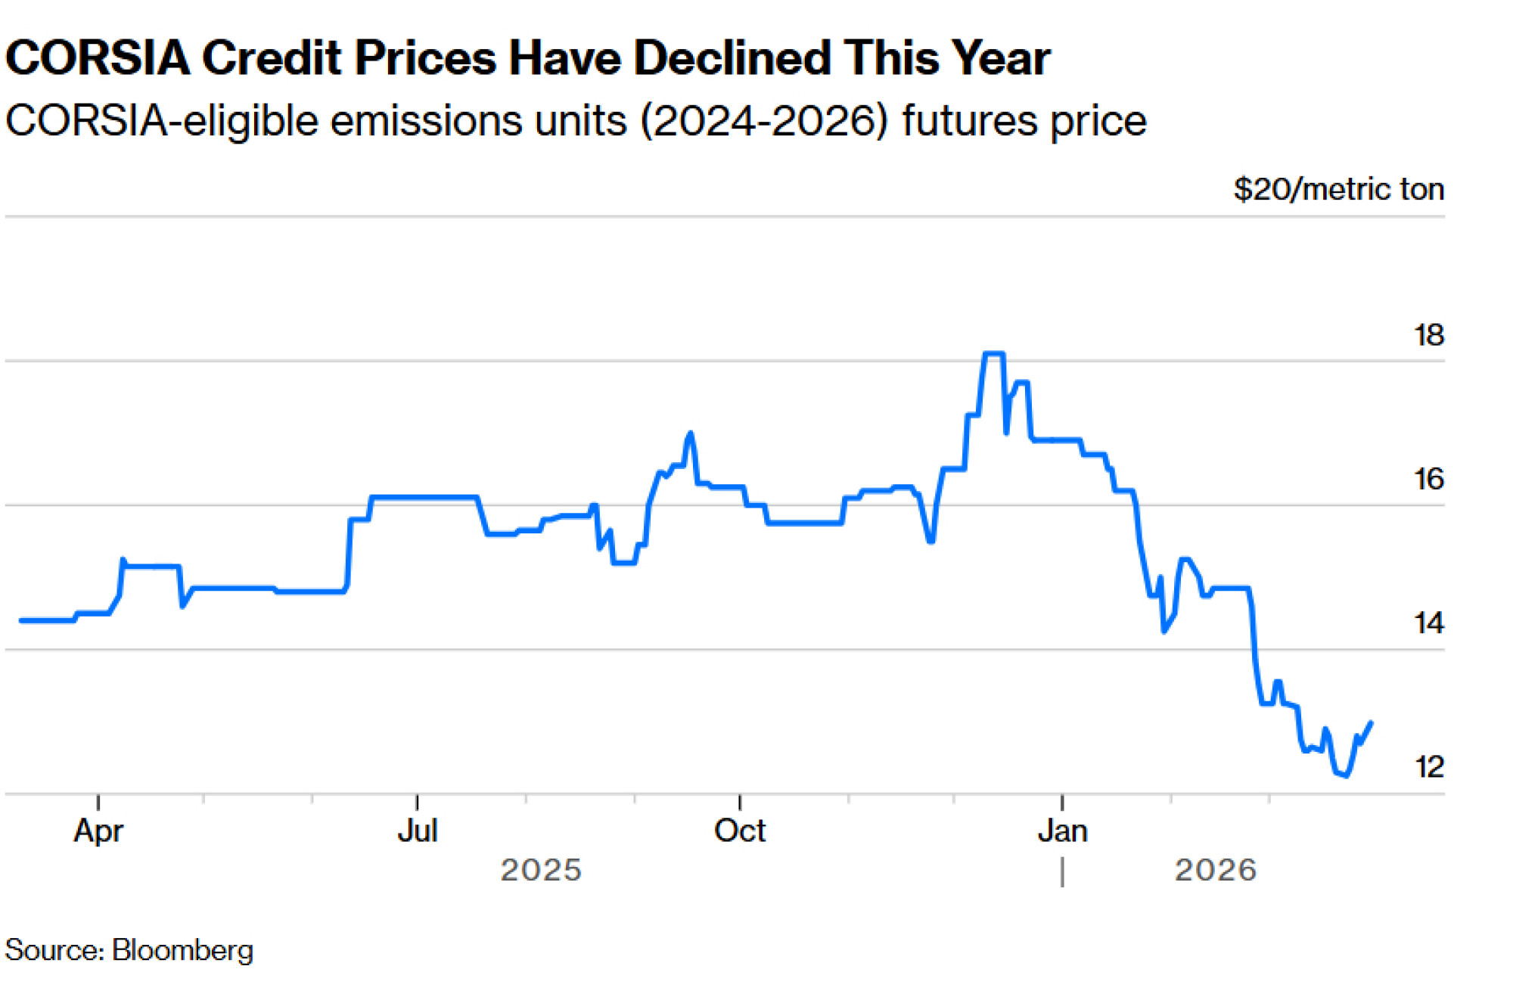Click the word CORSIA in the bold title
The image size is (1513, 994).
click(98, 58)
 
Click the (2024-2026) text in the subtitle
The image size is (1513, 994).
click(764, 121)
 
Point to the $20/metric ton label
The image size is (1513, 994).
click(1338, 189)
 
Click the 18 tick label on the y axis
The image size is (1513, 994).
click(1428, 335)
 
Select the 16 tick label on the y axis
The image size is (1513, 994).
click(1428, 479)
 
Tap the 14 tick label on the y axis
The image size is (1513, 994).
click(1428, 623)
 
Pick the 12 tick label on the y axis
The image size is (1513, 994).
click(1428, 767)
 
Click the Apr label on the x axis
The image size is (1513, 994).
click(98, 831)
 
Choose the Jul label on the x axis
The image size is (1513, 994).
click(418, 831)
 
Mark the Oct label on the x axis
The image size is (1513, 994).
click(740, 831)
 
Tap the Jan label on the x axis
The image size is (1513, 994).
click(1062, 831)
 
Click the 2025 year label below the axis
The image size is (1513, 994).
click(541, 871)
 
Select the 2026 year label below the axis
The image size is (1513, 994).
click(1216, 871)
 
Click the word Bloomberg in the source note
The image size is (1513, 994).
click(182, 950)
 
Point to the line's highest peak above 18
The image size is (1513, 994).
click(993, 353)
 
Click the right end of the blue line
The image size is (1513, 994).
click(1371, 723)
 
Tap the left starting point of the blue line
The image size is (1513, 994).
click(21, 620)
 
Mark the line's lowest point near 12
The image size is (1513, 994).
click(1346, 775)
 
